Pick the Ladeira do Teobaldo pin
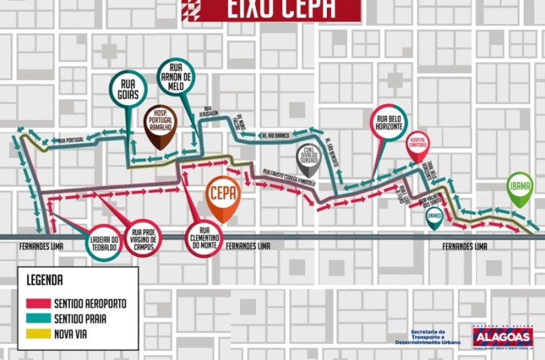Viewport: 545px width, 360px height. pyautogui.click(x=104, y=240)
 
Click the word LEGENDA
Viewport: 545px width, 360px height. pyautogui.click(x=45, y=279)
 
